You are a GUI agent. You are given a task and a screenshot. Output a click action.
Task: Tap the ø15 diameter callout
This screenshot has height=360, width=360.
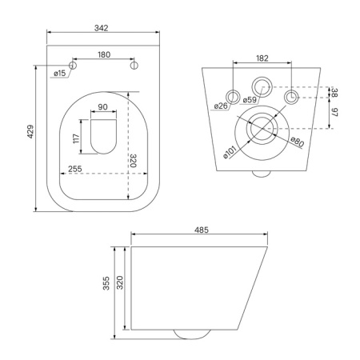pos(59,74)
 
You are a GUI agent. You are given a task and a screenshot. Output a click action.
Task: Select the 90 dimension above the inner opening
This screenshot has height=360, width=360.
pos(102,106)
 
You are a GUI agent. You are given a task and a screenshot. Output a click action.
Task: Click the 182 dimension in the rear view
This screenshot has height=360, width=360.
pos(262,58)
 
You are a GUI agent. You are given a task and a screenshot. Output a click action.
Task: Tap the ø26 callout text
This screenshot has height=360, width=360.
pos(222,105)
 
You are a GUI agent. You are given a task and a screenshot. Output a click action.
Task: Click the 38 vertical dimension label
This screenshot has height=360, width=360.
pos(334,92)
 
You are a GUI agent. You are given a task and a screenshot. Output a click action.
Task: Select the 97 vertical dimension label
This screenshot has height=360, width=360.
pos(334,113)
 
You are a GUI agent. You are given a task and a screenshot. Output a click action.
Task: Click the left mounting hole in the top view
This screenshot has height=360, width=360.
pos(72,66)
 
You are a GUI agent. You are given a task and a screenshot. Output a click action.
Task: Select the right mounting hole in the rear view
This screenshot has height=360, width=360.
pos(292,96)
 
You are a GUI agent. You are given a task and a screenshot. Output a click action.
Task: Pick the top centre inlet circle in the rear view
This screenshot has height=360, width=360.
pos(262,85)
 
